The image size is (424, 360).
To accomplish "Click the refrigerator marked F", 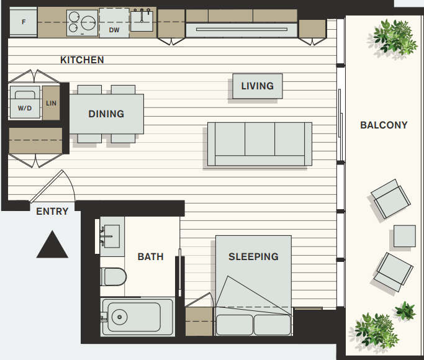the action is [23, 22].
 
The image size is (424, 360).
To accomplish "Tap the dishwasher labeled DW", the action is [114, 23].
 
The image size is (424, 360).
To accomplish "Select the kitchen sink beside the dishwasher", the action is [142, 20].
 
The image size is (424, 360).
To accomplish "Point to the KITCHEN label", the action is [82, 60].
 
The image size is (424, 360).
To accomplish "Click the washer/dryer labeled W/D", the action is [25, 102].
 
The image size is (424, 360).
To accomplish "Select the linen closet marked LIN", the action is [51, 103].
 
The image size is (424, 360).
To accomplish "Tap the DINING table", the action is [107, 114].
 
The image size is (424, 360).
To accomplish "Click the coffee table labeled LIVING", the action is [258, 86].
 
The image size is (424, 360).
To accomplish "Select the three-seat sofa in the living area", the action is [259, 144].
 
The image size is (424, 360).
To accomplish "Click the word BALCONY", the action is [384, 125].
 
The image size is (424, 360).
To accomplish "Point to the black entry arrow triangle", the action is [52, 245].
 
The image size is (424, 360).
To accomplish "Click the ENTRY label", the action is [52, 212].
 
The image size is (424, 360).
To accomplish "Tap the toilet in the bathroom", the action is [114, 277].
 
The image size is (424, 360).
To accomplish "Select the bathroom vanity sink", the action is [111, 236].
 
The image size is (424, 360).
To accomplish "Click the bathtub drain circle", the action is [119, 317].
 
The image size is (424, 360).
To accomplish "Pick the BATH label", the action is [151, 256].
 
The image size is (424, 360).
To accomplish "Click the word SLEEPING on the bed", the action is [253, 256].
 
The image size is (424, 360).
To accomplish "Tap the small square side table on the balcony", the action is [405, 236].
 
